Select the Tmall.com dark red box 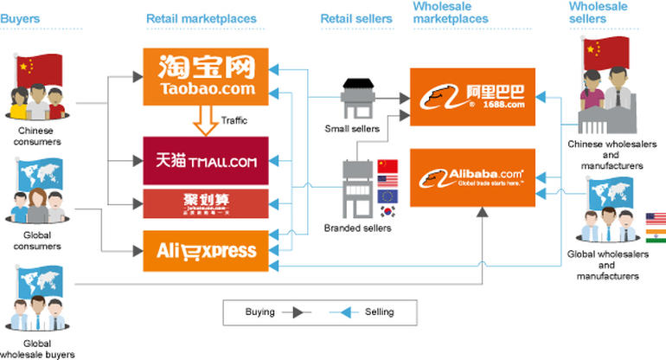[x=206, y=160]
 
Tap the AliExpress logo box [x=206, y=250]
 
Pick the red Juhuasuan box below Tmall [x=206, y=204]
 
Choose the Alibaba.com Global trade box [x=473, y=177]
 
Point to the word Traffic [x=234, y=120]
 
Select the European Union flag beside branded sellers [x=387, y=196]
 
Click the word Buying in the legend [x=259, y=312]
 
